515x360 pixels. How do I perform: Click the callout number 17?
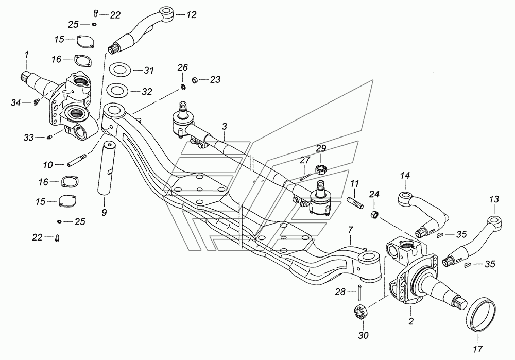[478, 349]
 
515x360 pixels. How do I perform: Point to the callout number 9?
[104, 212]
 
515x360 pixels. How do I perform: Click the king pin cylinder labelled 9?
[105, 167]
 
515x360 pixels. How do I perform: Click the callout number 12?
[191, 14]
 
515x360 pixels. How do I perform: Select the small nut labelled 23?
[194, 79]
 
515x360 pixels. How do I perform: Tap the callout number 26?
[183, 67]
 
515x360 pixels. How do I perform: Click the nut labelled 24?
[374, 215]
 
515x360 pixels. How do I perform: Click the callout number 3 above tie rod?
[225, 126]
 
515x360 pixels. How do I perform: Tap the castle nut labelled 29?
[320, 169]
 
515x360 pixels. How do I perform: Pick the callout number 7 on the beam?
[350, 230]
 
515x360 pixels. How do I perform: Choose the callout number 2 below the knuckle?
[411, 321]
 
